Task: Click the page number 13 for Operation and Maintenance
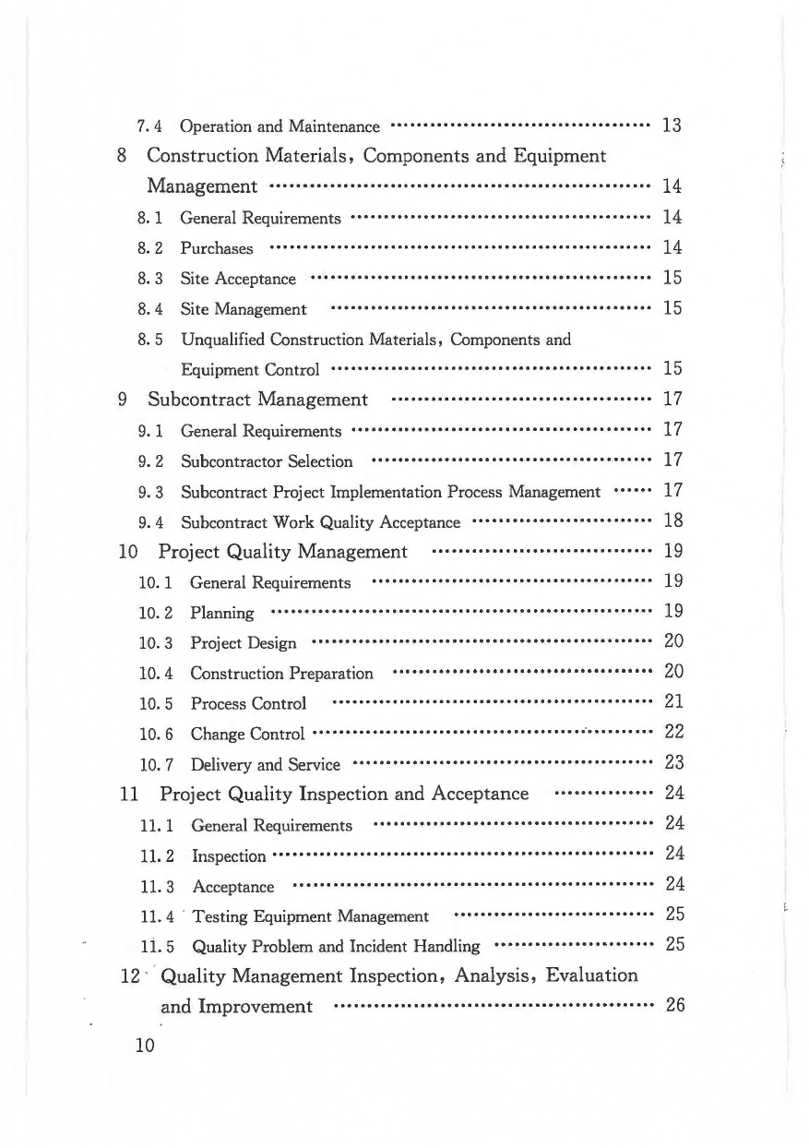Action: click(x=672, y=126)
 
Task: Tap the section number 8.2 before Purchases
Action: click(x=150, y=248)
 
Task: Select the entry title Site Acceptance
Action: click(x=238, y=279)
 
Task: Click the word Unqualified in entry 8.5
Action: click(x=219, y=340)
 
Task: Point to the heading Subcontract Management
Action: click(x=257, y=400)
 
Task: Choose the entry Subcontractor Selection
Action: click(x=267, y=460)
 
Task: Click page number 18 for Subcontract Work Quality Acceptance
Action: click(x=672, y=521)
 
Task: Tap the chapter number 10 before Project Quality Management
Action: click(x=130, y=552)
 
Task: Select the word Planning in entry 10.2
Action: click(x=221, y=613)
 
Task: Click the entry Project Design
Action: click(x=244, y=642)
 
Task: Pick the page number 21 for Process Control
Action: click(x=673, y=702)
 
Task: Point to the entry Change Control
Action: click(x=247, y=735)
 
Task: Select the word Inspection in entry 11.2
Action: click(x=229, y=855)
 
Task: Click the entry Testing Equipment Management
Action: click(x=310, y=916)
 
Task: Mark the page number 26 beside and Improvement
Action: click(x=674, y=1006)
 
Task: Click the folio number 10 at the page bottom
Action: click(x=144, y=1046)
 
